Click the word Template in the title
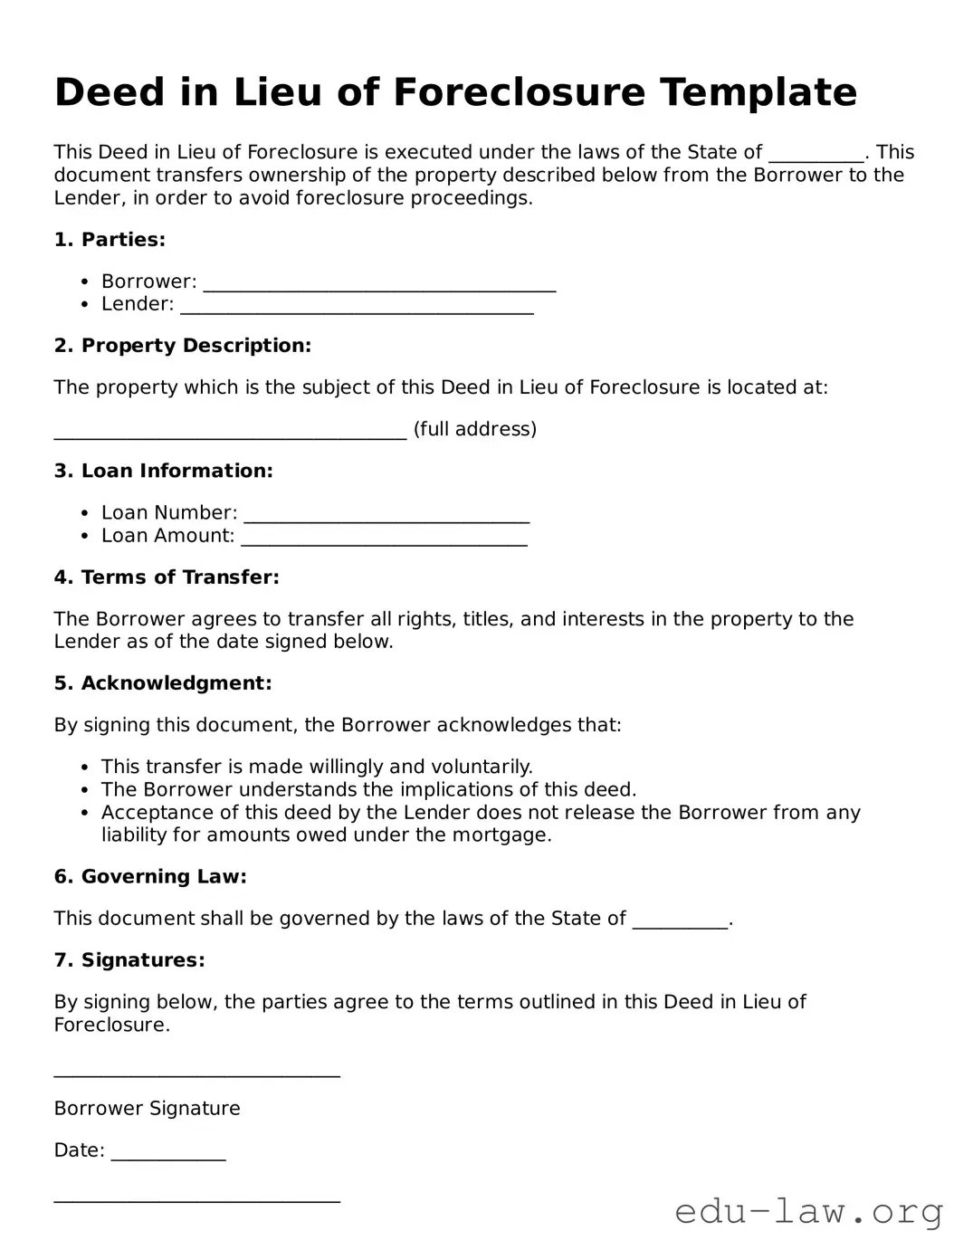pos(758,92)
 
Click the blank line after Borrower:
pos(379,284)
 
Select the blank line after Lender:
pos(357,307)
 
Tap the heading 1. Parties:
pos(110,240)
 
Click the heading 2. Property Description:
pos(182,346)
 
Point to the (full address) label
pos(475,429)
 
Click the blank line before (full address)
pos(230,432)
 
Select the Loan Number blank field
pos(386,516)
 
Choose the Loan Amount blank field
pos(384,539)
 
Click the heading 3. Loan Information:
pos(163,471)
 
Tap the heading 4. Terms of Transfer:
pos(167,577)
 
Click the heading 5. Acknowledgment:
pos(163,683)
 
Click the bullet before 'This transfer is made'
pos(84,768)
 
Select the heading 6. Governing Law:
pos(150,877)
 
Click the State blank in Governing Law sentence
pos(680,921)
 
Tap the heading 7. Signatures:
pos(129,960)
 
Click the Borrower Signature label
pos(147,1109)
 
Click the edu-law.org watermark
pos(809,1211)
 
